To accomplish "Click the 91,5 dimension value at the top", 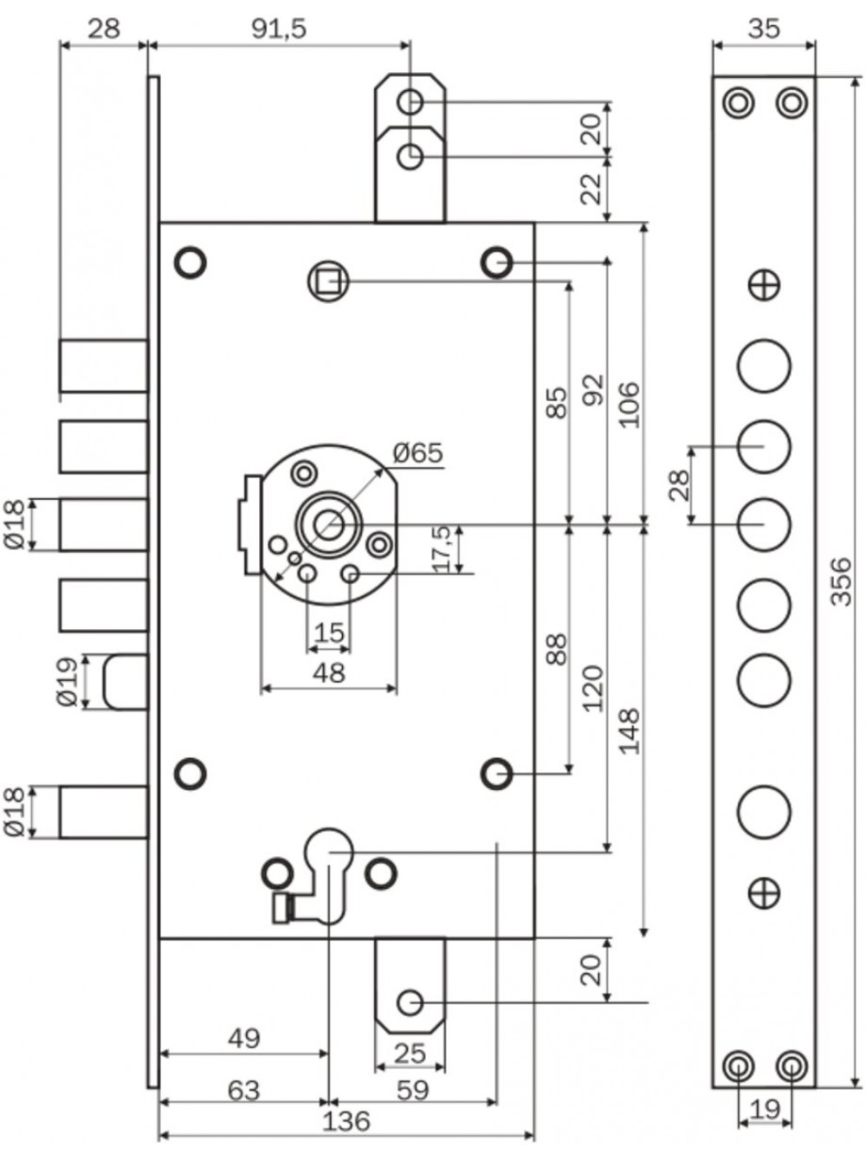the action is (279, 29).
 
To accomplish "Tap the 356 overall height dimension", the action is (841, 580).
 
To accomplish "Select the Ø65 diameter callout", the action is (418, 452).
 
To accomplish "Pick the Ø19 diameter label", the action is (68, 682).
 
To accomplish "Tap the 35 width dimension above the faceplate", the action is (764, 29).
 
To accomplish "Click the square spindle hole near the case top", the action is (328, 282).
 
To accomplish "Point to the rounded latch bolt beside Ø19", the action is (126, 682).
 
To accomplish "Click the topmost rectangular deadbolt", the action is (104, 366).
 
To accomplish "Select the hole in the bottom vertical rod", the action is (410, 1003).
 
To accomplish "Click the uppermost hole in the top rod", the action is (410, 101).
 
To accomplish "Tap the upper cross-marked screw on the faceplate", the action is (765, 285).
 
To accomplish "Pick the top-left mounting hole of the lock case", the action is (191, 262).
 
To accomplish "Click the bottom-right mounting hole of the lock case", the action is (497, 774).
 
